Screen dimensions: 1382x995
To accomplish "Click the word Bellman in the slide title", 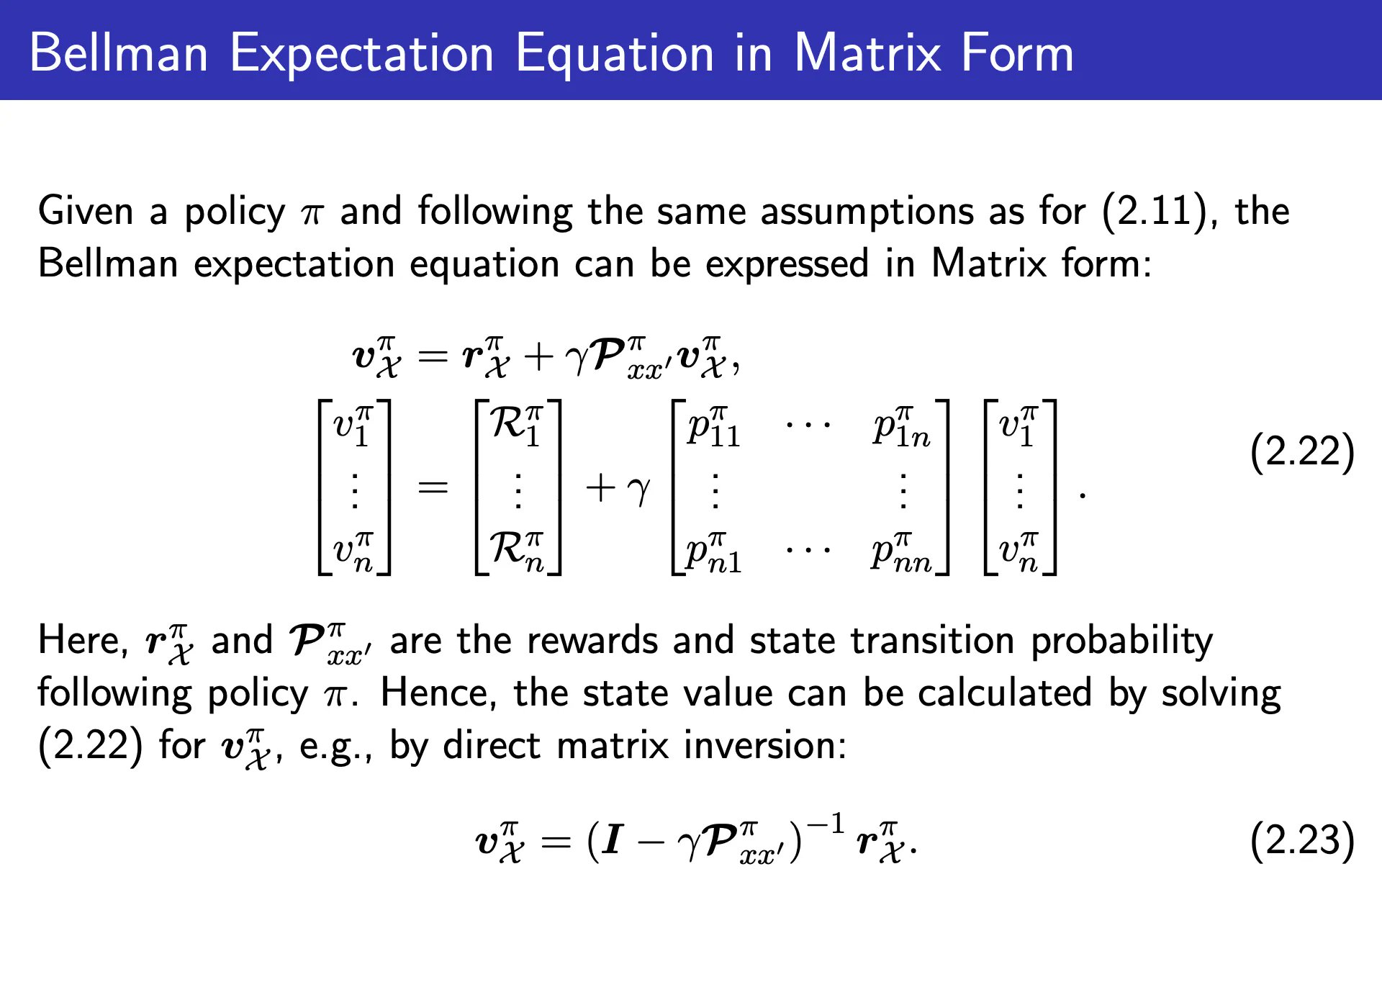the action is [119, 53].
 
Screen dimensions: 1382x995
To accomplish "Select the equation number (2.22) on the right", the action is [1303, 453].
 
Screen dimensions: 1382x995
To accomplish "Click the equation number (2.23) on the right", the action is [1303, 841].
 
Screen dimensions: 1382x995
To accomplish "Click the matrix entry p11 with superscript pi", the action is [713, 427].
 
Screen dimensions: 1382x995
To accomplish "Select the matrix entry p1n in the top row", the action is [901, 427].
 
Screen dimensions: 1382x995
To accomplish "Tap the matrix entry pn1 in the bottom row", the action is [713, 553].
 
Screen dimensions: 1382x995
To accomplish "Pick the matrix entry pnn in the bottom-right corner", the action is [901, 553].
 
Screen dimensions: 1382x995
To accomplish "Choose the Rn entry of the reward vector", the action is [517, 552].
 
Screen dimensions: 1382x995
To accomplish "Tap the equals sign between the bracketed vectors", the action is [433, 488].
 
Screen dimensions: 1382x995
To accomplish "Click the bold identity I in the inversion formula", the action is [613, 839].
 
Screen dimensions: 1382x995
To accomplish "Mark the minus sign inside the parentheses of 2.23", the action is [651, 842].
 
